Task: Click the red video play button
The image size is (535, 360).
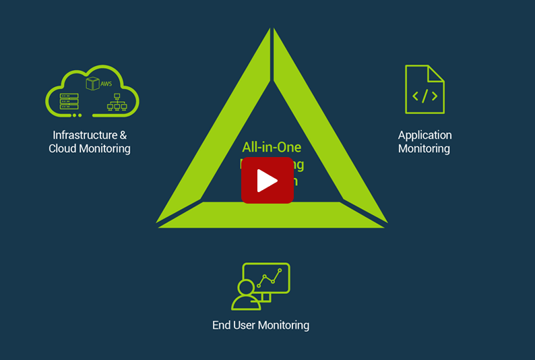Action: [267, 181]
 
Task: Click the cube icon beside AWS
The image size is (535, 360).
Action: [93, 84]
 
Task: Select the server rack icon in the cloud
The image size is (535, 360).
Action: [68, 101]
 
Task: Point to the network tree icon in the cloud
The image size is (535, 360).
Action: [117, 102]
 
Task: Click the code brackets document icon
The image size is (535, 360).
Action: [424, 90]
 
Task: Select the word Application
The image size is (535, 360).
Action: [424, 136]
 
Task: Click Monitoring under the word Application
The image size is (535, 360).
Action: [424, 148]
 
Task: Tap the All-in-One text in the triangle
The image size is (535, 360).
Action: [272, 148]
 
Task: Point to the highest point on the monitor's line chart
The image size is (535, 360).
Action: [280, 270]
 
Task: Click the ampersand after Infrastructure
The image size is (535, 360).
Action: [123, 135]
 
